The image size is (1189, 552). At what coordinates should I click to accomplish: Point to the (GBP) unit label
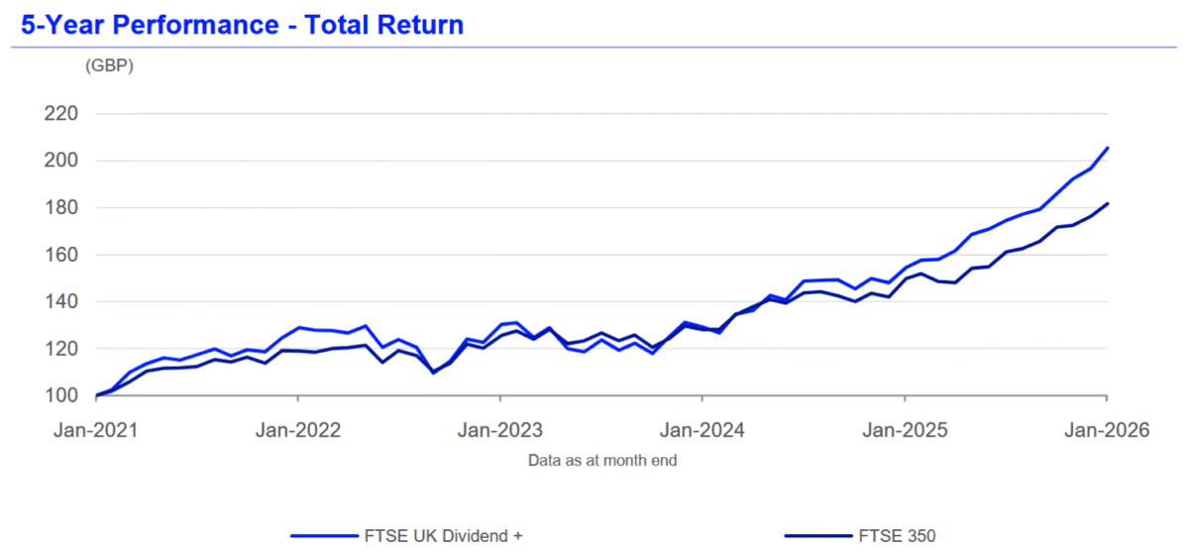tap(109, 66)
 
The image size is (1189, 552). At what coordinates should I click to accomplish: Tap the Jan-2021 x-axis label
tap(97, 431)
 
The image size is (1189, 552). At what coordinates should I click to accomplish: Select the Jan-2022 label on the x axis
tap(298, 431)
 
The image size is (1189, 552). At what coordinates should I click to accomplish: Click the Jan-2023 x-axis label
tap(500, 431)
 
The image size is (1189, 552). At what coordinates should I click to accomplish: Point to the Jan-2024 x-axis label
tap(703, 431)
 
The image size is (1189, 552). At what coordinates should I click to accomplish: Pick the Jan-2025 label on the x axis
tap(905, 431)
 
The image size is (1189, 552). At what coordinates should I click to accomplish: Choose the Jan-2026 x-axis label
tap(1106, 431)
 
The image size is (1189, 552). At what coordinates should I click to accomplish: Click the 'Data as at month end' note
tap(602, 460)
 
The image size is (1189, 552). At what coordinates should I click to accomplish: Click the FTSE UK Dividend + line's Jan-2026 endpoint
tap(1107, 148)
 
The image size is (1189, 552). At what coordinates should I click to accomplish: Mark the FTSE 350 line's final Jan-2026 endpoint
tap(1107, 203)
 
